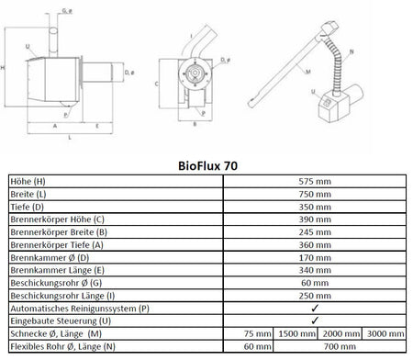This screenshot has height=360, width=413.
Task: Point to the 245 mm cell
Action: coord(316,234)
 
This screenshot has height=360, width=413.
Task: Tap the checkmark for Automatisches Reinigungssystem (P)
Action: coord(316,310)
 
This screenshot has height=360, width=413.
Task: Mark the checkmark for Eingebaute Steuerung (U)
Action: coord(316,323)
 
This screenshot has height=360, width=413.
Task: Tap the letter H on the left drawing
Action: coord(6,67)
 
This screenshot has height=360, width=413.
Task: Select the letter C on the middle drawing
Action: coord(156,83)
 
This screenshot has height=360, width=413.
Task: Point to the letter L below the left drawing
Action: coord(71,138)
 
